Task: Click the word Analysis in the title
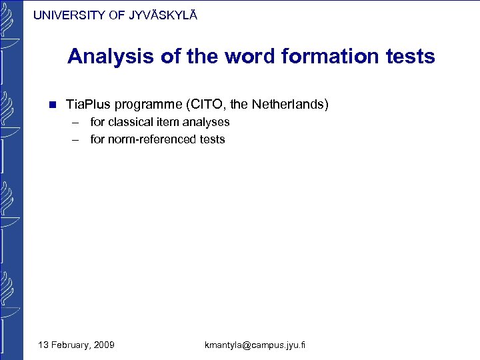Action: coord(111,57)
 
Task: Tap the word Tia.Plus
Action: coord(89,105)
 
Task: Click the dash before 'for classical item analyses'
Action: coord(77,122)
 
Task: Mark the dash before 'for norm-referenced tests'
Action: coord(77,139)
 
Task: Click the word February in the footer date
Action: coord(70,345)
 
